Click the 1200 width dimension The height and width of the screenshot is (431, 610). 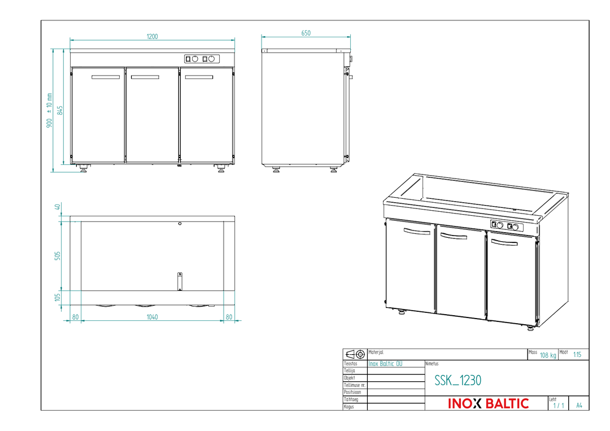tap(152, 37)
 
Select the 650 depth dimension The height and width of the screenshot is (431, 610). tap(306, 33)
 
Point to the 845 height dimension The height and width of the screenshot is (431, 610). tap(60, 110)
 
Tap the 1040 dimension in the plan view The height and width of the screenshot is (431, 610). tap(152, 317)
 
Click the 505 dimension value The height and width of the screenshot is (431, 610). tap(58, 255)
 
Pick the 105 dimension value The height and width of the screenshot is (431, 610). tap(58, 297)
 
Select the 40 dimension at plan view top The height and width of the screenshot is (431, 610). tap(58, 207)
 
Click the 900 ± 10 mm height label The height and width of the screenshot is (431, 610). tap(49, 110)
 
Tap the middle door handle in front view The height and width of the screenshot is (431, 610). tap(145, 77)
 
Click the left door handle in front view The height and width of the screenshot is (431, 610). tap(106, 77)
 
